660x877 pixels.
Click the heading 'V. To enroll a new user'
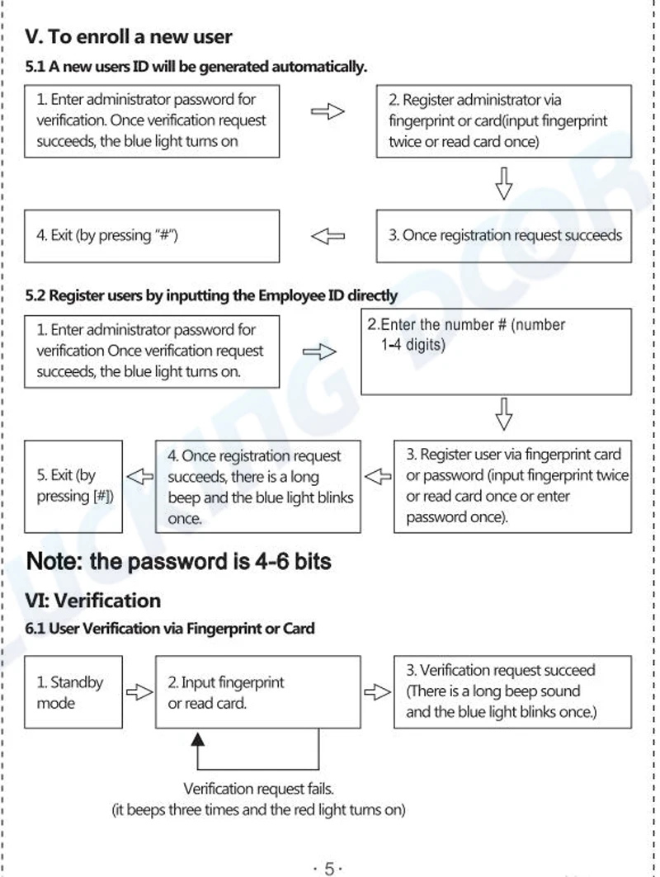129,37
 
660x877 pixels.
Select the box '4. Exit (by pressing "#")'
152,236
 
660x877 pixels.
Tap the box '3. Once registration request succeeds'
504,236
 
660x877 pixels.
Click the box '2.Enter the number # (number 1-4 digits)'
496,351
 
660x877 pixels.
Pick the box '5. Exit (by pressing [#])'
73,486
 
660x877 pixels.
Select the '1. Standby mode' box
73,692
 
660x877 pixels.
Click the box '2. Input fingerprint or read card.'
257,692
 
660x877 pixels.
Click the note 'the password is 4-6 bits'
179,562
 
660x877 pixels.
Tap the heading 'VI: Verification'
93,600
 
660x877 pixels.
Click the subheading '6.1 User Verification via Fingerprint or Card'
170,629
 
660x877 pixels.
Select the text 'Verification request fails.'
258,790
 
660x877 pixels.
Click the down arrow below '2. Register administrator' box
503,183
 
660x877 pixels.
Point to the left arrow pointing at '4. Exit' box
328,237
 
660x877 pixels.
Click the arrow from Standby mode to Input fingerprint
139,692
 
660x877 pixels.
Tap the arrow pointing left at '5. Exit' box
139,476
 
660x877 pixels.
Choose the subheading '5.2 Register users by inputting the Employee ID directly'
212,295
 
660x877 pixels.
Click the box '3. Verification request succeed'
512,691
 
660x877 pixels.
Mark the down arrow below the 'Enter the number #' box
503,414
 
